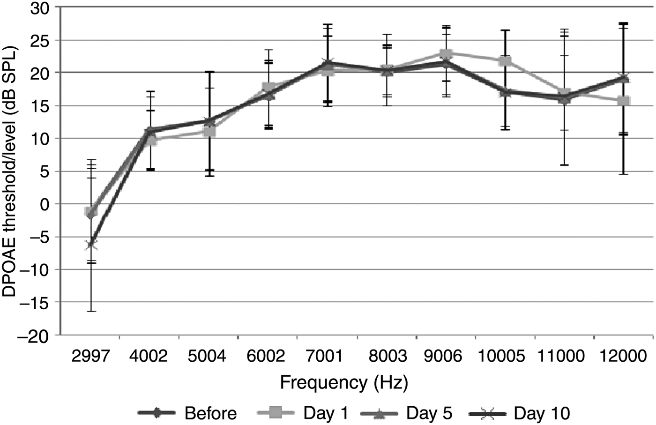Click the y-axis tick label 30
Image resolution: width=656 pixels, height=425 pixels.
click(41, 8)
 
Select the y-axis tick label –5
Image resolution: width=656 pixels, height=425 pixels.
click(38, 237)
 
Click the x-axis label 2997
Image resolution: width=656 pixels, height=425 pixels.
click(90, 356)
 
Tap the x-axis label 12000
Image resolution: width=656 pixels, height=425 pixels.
click(623, 356)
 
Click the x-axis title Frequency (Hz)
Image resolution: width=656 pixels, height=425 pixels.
click(344, 383)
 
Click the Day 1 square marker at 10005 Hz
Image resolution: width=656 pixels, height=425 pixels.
click(505, 61)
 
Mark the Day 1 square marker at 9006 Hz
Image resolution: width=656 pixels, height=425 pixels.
click(446, 53)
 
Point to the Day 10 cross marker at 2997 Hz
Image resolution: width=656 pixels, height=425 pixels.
click(91, 245)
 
